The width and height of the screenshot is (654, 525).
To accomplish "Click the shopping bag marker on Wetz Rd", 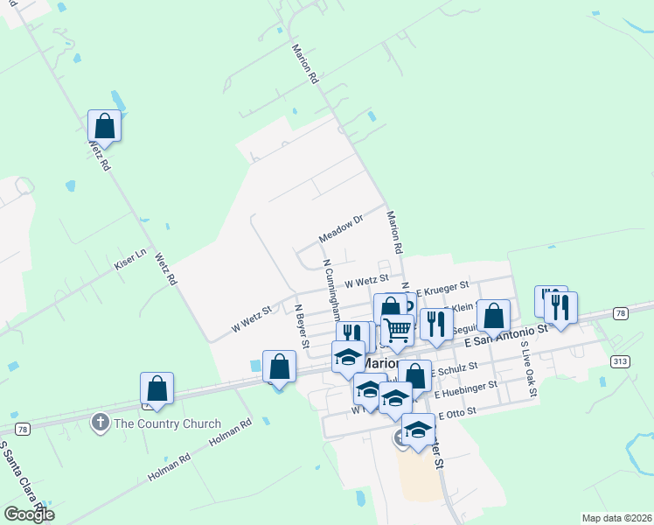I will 104,126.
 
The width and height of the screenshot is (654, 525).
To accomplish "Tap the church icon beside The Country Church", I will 101,424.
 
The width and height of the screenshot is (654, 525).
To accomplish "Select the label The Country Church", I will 167,424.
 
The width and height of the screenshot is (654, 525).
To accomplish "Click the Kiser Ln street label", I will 129,263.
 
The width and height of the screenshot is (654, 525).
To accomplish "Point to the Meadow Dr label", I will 340,229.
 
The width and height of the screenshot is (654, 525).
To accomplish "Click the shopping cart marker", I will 397,331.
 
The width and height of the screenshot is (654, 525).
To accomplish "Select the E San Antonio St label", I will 506,334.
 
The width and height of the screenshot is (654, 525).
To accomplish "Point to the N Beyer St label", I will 302,326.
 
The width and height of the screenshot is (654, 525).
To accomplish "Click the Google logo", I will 29,514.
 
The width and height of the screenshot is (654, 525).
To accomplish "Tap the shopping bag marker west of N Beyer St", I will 279,367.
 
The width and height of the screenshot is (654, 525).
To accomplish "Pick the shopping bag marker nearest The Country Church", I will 157,388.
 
